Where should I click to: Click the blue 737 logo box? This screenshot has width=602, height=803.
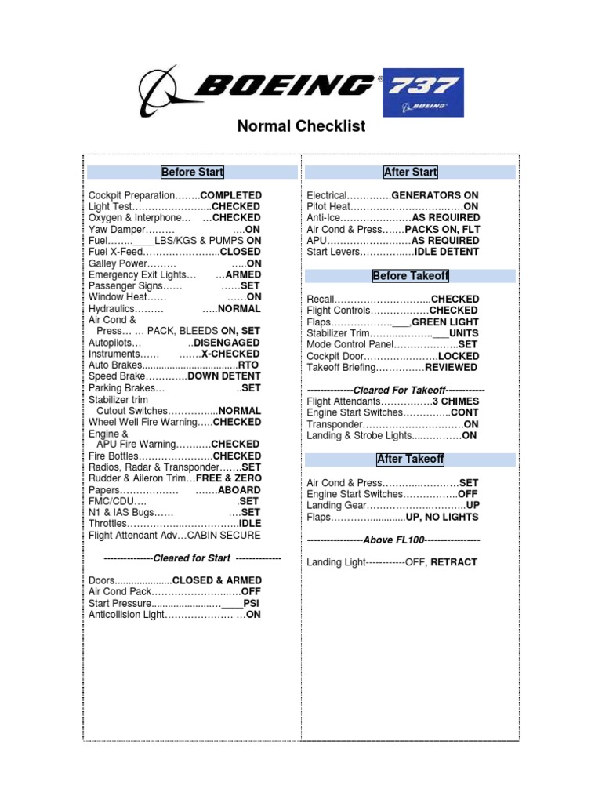tap(422, 93)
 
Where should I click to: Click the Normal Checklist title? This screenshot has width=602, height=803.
tap(301, 125)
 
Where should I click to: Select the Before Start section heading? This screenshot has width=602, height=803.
tap(192, 173)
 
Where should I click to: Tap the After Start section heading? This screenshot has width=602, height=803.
tap(410, 173)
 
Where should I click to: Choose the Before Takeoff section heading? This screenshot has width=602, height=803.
tap(410, 276)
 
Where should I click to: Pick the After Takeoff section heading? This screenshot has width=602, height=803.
tap(410, 460)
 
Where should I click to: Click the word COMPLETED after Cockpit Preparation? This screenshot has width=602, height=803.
tap(231, 195)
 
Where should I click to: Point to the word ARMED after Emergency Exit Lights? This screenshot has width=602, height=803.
tap(243, 275)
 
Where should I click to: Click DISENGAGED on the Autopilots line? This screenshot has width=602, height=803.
tap(227, 343)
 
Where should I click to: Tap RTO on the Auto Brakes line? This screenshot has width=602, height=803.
tap(250, 365)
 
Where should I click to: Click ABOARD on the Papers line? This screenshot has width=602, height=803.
tap(239, 490)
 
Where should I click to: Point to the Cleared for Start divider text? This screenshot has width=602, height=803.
tap(192, 558)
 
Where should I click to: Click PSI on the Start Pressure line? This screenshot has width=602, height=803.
tap(252, 604)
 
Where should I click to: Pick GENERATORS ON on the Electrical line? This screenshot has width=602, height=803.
tap(435, 195)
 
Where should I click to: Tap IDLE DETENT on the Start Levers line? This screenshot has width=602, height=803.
tap(447, 252)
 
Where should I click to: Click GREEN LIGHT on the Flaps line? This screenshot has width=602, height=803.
tap(444, 322)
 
